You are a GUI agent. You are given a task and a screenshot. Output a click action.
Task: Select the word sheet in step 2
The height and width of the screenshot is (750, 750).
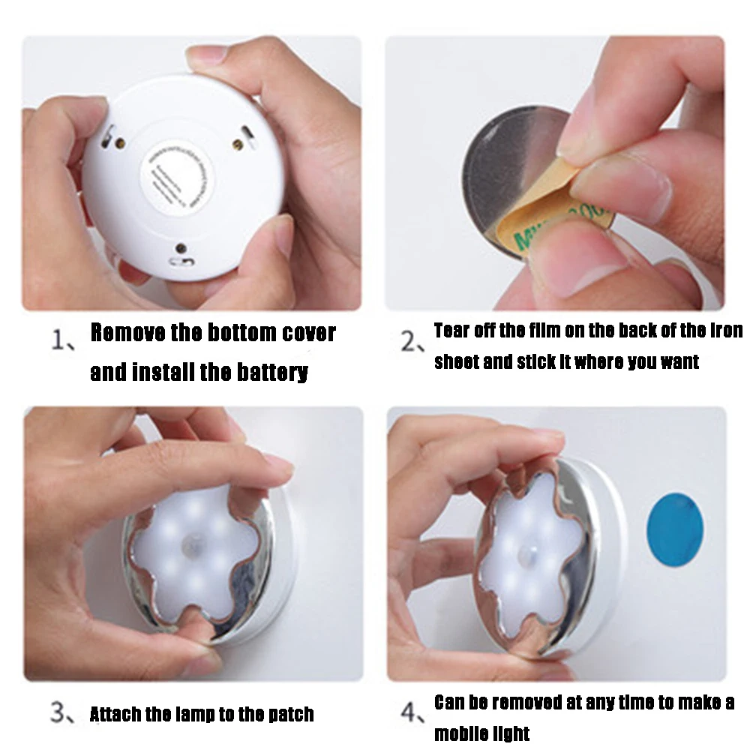456,361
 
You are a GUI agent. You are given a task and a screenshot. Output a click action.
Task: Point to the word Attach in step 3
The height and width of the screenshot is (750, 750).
115,714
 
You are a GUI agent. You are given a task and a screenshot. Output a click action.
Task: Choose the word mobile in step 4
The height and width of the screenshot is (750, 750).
459,733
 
